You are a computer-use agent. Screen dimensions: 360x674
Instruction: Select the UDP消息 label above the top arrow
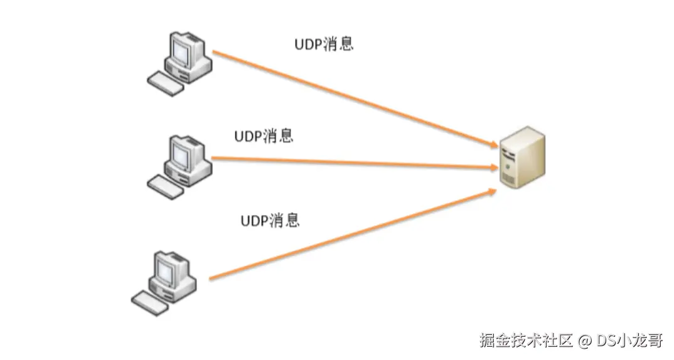(324, 45)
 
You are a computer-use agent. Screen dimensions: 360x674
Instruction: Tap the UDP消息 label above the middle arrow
(264, 136)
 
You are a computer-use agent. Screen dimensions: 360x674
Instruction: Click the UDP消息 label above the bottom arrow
(270, 221)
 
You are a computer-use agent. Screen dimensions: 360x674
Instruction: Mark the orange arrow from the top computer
(351, 99)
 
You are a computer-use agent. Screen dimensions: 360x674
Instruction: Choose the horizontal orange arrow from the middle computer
(351, 162)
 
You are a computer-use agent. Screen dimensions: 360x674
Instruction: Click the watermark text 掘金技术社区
(526, 341)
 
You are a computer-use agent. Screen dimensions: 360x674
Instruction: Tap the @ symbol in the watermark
(584, 341)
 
